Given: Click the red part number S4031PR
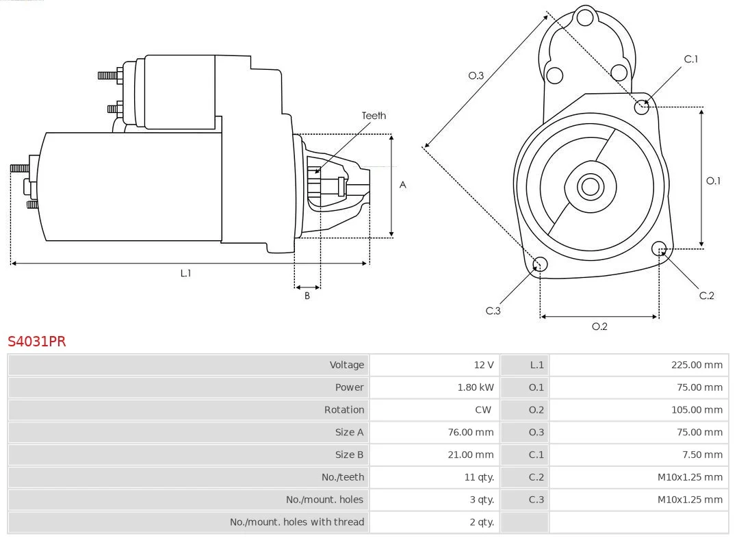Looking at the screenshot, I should coord(37,341).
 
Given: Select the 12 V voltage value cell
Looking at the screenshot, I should coord(483,365).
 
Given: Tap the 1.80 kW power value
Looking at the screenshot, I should coord(476,387).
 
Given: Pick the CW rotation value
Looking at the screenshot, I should coord(482,409).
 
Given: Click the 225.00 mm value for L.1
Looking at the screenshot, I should coord(697,365).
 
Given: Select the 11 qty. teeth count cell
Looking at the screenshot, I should coord(479,477).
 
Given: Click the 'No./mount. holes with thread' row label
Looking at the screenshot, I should coord(297,522).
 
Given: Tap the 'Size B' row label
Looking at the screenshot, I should coord(349,454).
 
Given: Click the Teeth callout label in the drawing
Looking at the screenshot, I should coord(374,116).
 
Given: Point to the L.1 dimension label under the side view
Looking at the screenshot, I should coord(185,273).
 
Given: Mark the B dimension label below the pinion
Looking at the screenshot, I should coord(307,296).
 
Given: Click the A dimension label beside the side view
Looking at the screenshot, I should coord(403,185).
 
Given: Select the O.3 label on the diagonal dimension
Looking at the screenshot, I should coord(476,75).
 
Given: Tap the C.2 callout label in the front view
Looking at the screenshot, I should coord(707,296).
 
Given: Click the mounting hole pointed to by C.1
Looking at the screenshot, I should coord(641,107).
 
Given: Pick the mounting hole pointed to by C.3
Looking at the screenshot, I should coord(539,264).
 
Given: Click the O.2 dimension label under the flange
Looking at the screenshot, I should coord(599,326).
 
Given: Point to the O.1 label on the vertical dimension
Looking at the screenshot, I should coord(713,181).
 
